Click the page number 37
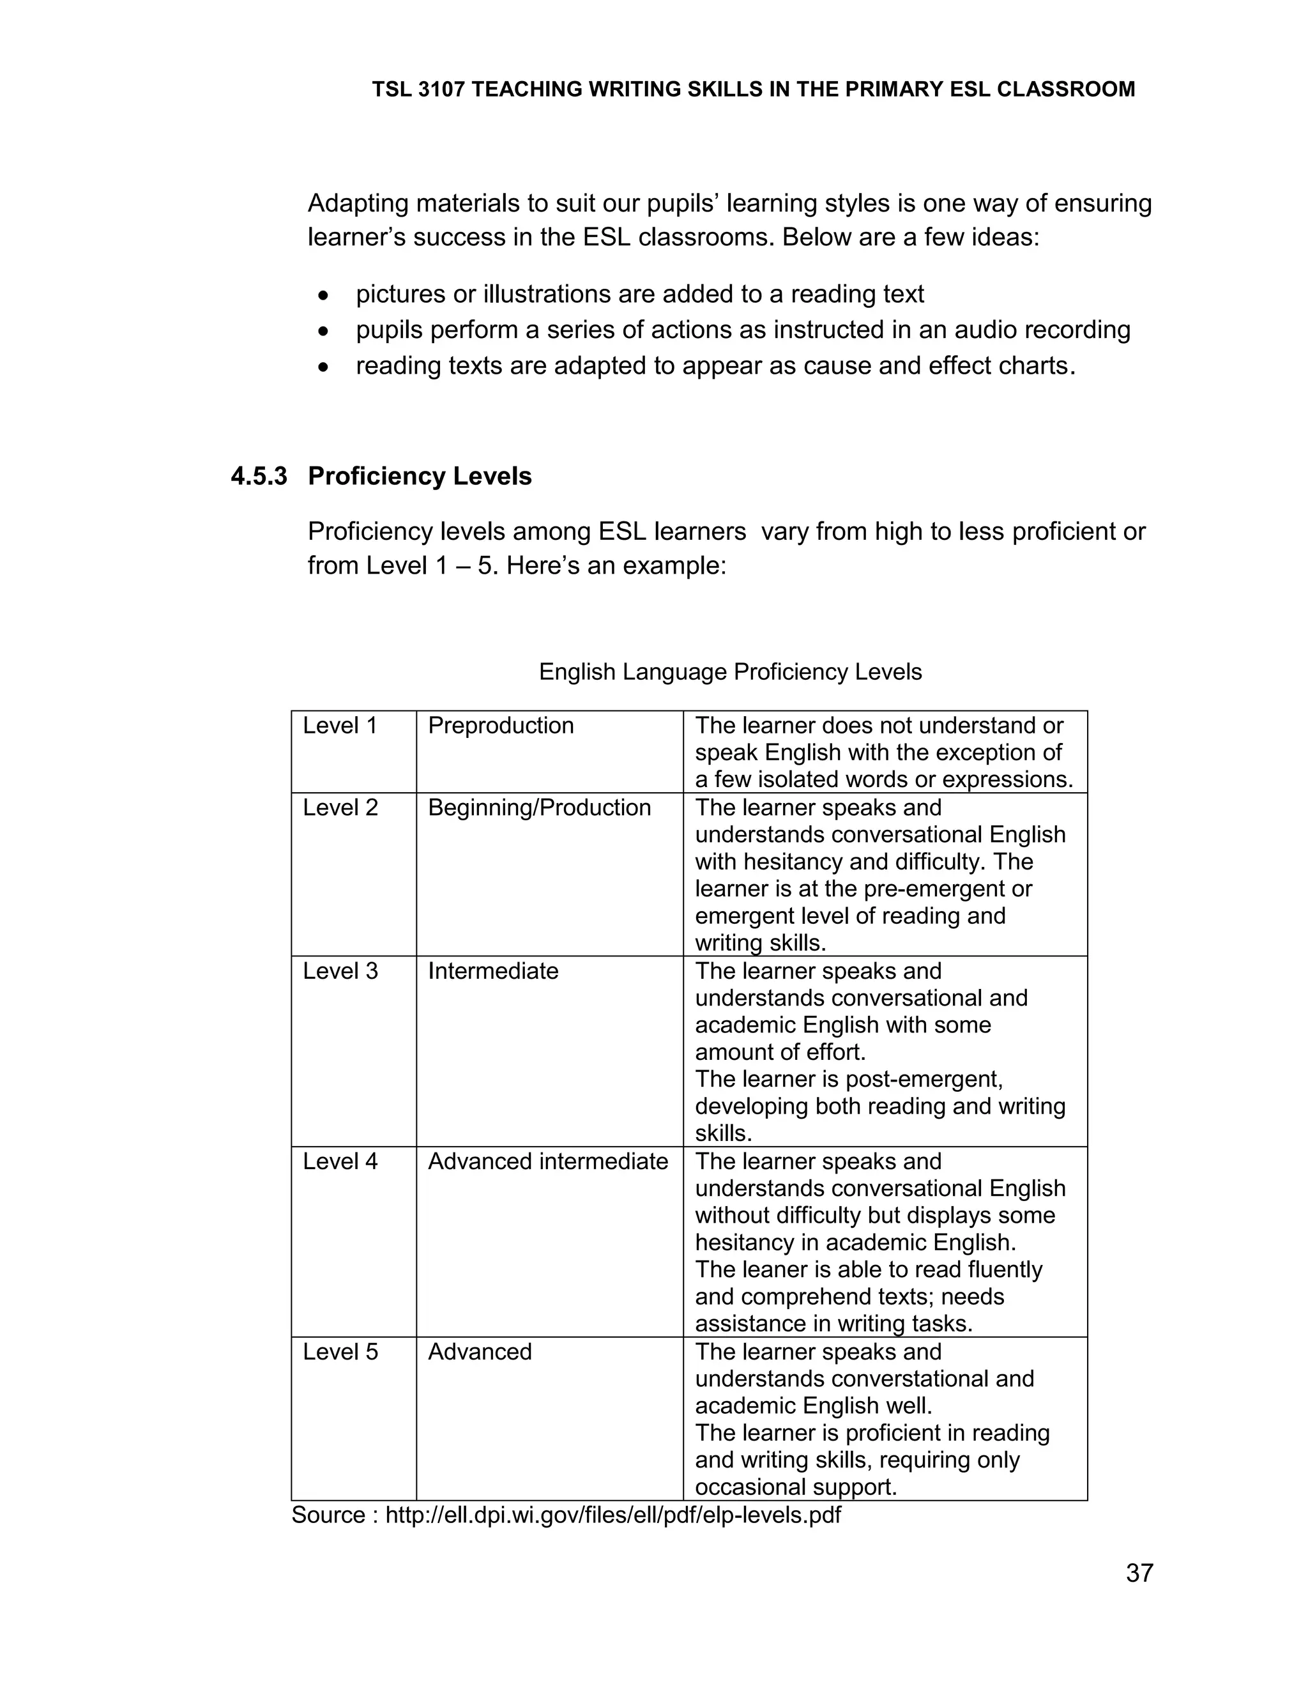click(1139, 1573)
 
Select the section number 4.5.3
click(259, 476)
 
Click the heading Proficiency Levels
click(419, 476)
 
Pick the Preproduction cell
click(501, 726)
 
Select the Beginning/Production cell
click(539, 808)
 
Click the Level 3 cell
click(340, 970)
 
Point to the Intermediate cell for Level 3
click(493, 970)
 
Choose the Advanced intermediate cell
click(548, 1161)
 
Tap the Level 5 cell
click(340, 1352)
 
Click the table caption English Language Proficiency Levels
click(730, 671)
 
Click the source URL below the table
click(612, 1515)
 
